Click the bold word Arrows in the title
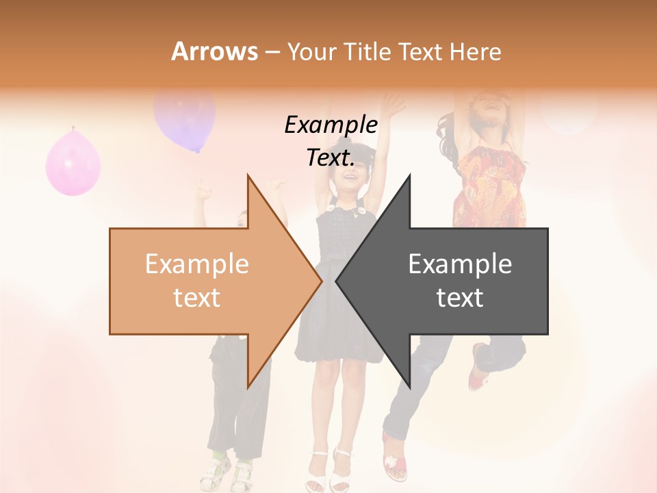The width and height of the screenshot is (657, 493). pos(214,51)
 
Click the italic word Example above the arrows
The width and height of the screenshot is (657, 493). pos(331,125)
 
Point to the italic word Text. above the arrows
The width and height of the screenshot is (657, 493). pos(331,158)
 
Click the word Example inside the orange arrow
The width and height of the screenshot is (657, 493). pos(196,264)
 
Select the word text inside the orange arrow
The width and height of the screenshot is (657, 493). pos(196,298)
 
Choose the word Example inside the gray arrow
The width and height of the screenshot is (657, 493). pos(460,264)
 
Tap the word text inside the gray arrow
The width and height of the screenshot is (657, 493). pos(460,298)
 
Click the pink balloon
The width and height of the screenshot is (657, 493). pos(73,163)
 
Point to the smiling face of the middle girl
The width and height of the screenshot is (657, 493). pos(349,180)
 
